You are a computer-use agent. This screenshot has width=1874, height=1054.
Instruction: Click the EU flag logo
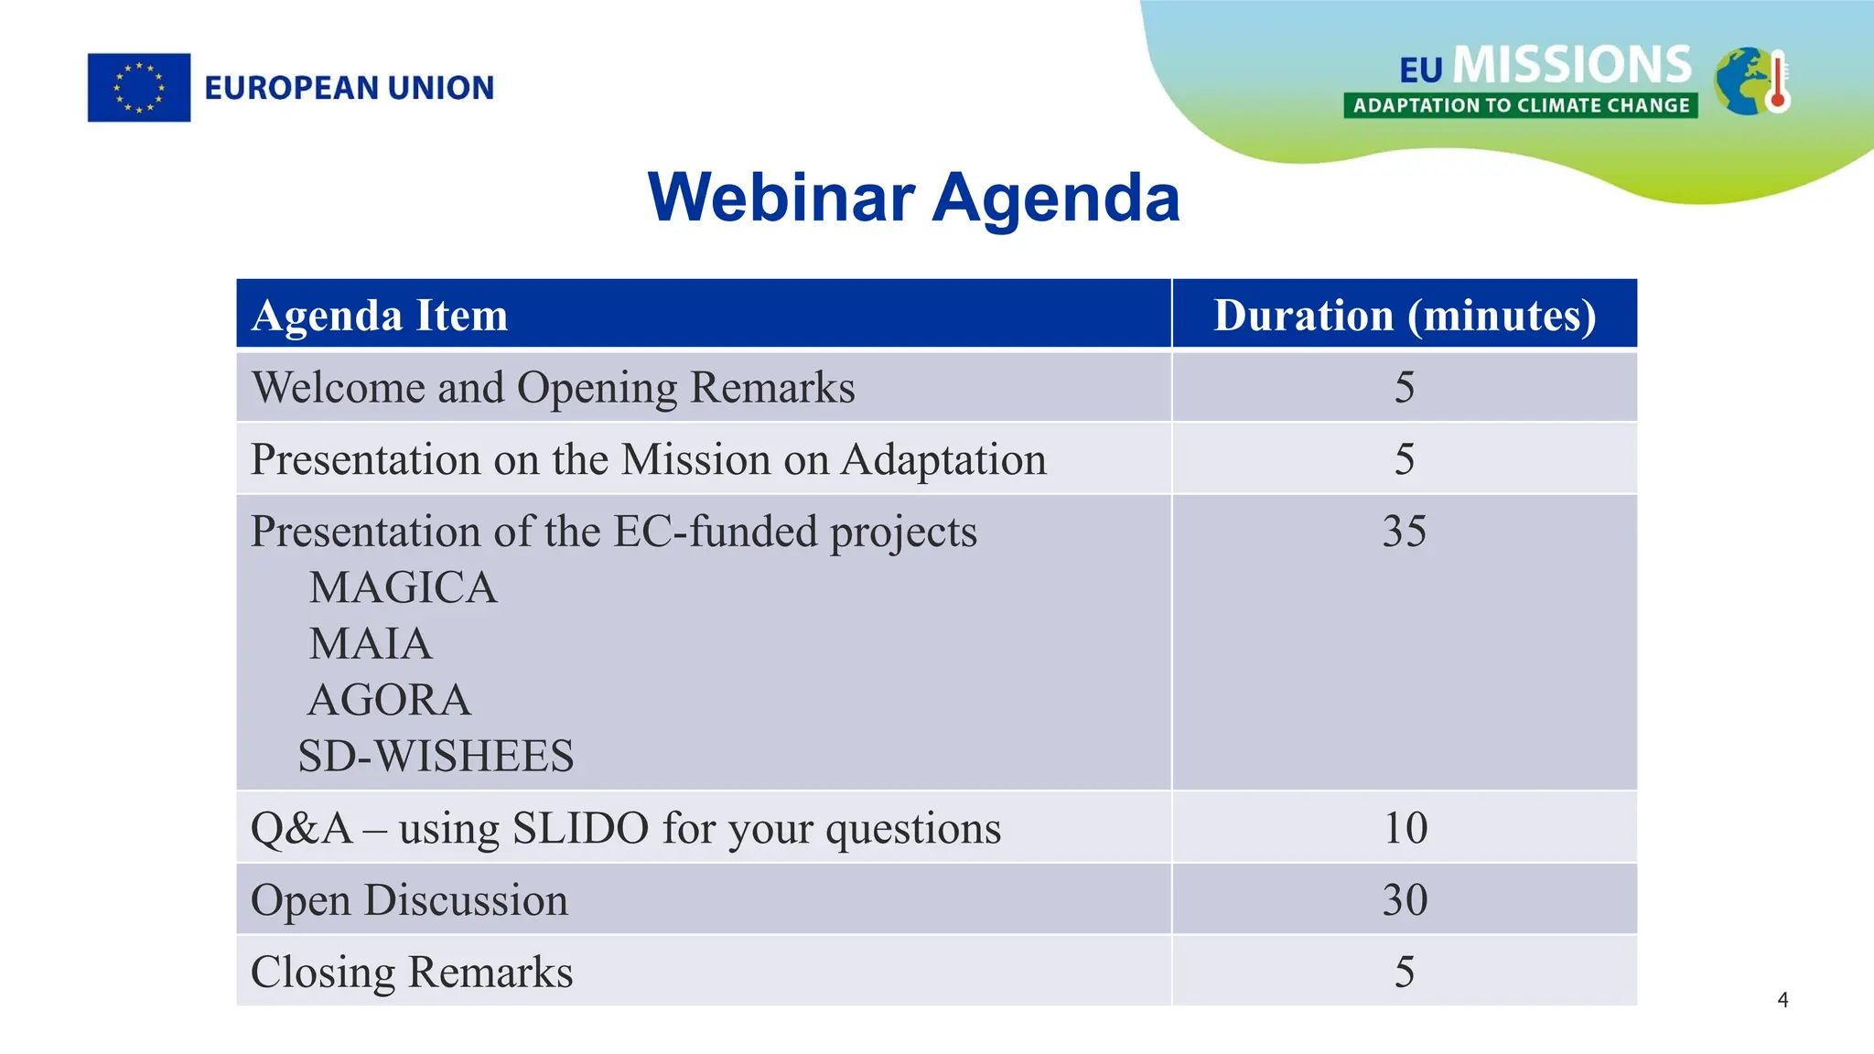[x=139, y=88]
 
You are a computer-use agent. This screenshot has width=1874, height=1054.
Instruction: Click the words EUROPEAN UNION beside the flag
[x=349, y=88]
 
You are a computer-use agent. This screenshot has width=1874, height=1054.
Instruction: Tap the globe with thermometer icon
[x=1750, y=81]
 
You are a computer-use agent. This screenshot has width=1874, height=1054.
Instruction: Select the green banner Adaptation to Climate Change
[x=1521, y=106]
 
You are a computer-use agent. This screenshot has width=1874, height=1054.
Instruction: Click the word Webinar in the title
[x=781, y=198]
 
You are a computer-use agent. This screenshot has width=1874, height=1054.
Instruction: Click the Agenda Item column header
[x=380, y=316]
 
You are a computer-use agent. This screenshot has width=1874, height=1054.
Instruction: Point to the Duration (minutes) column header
[x=1405, y=316]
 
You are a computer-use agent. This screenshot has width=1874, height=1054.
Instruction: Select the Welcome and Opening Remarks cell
[x=553, y=388]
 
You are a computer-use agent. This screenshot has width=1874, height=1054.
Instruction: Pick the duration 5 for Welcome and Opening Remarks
[x=1405, y=388]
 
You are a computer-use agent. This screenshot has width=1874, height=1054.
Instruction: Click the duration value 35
[x=1405, y=532]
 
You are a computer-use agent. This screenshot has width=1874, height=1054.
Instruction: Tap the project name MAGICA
[x=403, y=588]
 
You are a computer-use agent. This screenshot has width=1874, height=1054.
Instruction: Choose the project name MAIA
[x=370, y=644]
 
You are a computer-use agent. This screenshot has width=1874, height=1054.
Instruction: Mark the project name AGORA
[x=389, y=701]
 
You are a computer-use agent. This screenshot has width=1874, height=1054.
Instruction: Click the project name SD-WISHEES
[x=436, y=757]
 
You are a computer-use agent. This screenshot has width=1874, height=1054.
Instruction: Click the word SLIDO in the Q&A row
[x=580, y=828]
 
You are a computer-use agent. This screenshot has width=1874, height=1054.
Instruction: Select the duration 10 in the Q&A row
[x=1405, y=828]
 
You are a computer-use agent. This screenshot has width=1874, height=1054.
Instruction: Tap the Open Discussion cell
[x=409, y=900]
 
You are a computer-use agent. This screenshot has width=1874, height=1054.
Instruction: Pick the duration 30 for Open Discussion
[x=1405, y=900]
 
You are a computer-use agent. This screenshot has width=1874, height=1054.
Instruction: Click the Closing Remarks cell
[x=412, y=973]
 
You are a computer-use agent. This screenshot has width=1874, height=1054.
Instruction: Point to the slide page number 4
[x=1782, y=1000]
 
